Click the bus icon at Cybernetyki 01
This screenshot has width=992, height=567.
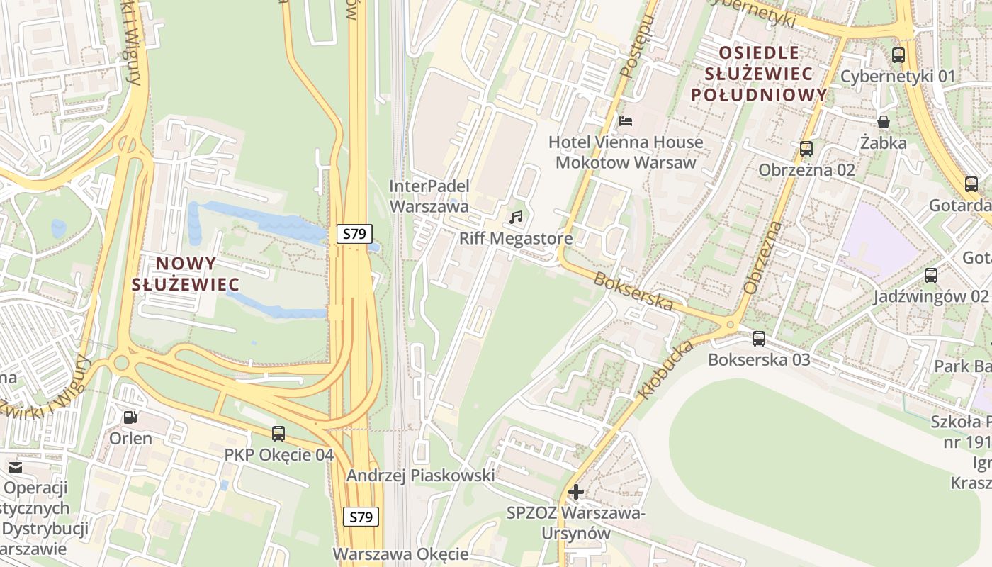pos(898,55)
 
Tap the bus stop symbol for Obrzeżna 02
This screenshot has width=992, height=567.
pos(806,149)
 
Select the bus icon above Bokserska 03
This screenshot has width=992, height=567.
pos(759,338)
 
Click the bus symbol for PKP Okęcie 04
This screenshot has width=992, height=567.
pos(278,433)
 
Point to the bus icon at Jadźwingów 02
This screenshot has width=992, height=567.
pos(931,276)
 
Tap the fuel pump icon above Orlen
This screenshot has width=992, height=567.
pos(130,417)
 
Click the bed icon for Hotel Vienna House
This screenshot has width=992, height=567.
pos(626,120)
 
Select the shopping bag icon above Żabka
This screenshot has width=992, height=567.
pos(884,122)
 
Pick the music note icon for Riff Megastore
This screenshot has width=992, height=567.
pos(516,217)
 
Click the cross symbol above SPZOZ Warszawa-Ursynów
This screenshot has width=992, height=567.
pos(576,491)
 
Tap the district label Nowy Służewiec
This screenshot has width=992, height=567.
pos(186,274)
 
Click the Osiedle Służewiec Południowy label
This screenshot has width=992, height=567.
pos(759,73)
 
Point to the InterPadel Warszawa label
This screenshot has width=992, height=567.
pos(429,196)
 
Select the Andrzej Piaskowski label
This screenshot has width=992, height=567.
pos(420,476)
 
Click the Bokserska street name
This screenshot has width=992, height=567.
pos(633,291)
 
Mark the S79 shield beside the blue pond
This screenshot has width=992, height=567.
pos(354,233)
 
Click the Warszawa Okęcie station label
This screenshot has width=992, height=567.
pos(401,554)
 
